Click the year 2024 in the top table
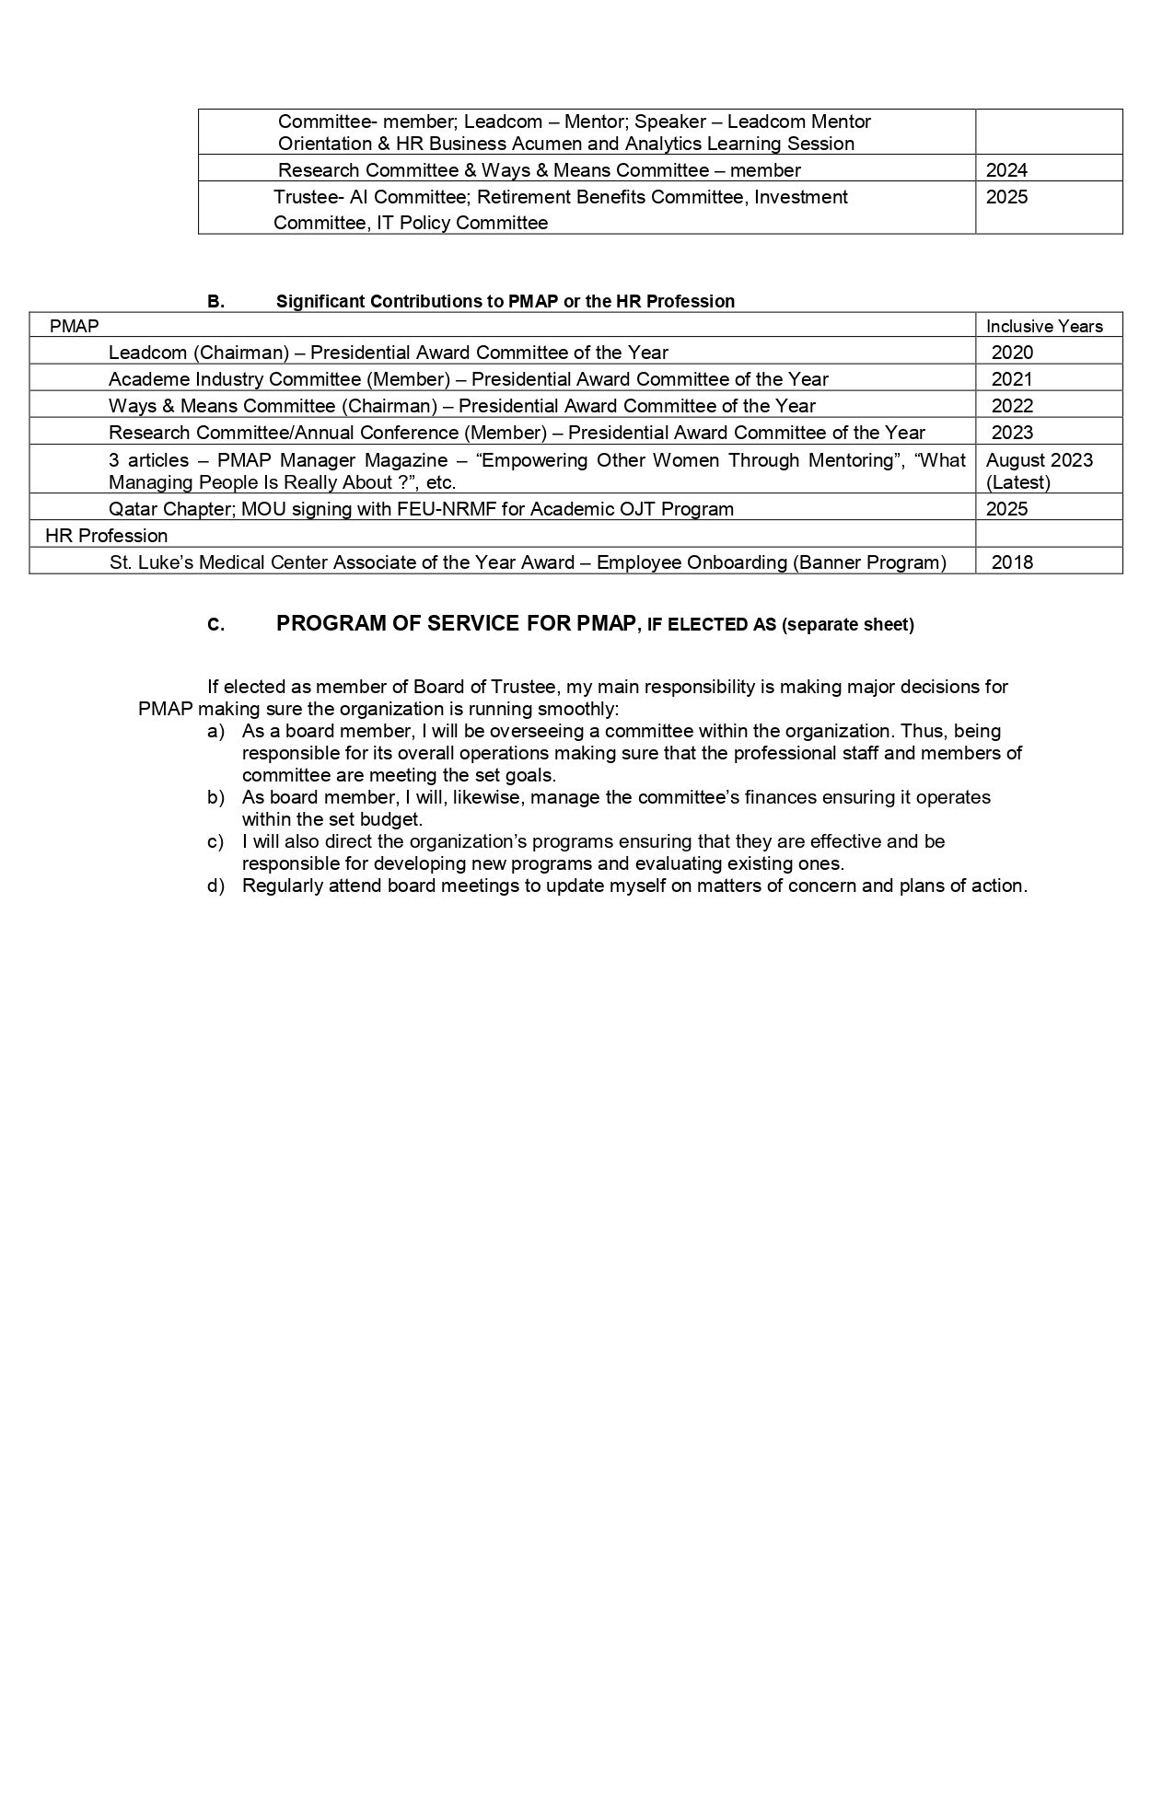pos(1006,169)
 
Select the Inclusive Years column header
pos(1044,326)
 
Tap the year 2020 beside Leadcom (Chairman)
pos(1012,352)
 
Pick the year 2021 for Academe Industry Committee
pos(1012,378)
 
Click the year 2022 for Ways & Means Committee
pos(1012,405)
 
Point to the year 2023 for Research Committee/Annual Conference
pos(1012,432)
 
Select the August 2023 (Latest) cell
pos(1039,470)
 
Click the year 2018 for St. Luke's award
pos(1012,562)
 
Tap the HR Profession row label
pos(106,535)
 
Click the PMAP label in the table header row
pos(74,325)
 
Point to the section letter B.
pos(215,301)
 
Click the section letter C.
pos(215,625)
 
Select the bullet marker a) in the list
pos(215,731)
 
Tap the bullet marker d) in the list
pos(215,886)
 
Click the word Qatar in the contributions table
pos(132,508)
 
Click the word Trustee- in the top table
pos(308,197)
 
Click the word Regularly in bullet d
pos(280,886)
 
